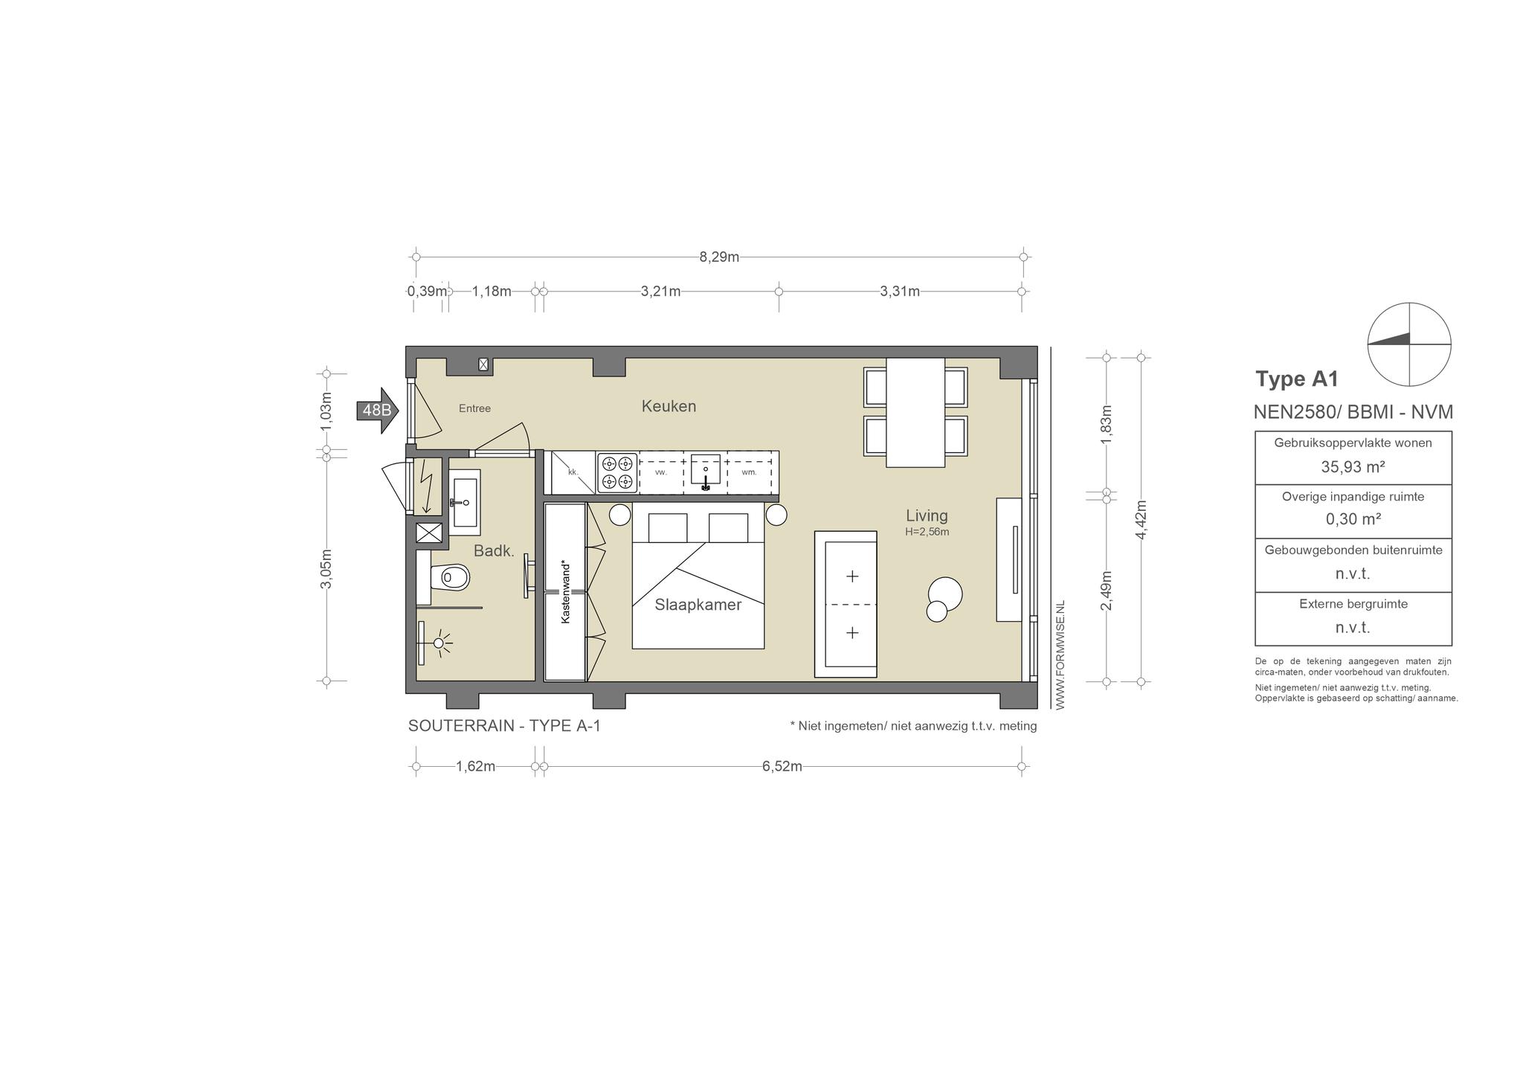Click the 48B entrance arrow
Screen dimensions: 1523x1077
tap(378, 410)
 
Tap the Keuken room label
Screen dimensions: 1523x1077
tap(669, 406)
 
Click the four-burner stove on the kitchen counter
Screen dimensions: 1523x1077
tap(618, 473)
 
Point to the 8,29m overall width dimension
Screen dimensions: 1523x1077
tap(719, 257)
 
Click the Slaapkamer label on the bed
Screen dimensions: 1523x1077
tap(698, 605)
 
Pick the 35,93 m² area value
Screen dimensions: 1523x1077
tap(1353, 467)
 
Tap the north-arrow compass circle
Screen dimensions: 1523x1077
tap(1409, 345)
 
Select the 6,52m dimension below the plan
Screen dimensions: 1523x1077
tap(782, 766)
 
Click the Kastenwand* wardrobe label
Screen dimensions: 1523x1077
tap(566, 591)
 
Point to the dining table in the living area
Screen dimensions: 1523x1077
tap(915, 412)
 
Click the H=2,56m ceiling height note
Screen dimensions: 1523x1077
tap(927, 532)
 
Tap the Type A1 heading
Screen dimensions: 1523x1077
tap(1297, 379)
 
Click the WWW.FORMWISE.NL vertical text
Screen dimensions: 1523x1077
tap(1060, 655)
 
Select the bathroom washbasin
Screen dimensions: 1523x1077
tap(465, 502)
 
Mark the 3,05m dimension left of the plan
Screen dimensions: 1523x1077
tap(326, 568)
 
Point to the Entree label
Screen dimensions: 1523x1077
tap(474, 408)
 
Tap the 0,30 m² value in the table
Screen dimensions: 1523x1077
tap(1353, 519)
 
